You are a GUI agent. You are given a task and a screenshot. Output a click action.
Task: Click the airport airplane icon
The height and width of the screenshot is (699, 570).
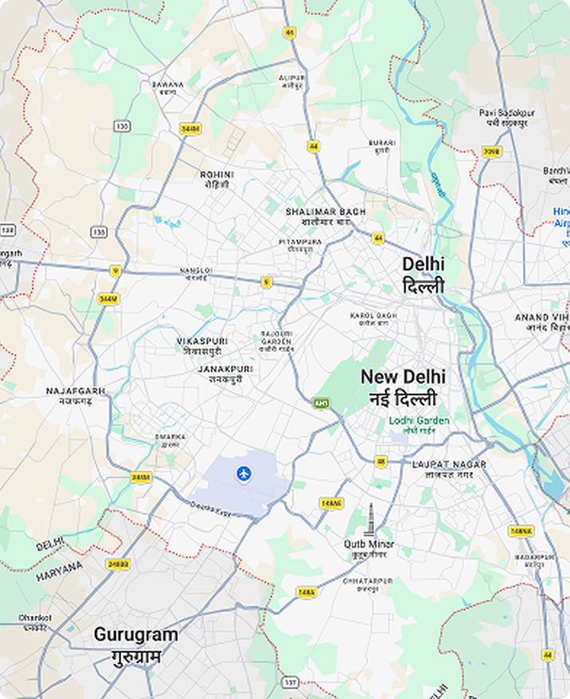coord(244,474)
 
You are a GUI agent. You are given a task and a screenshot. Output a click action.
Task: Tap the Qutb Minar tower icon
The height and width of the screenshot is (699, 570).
coord(369,520)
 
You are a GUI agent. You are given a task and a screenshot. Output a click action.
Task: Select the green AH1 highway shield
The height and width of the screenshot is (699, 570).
coord(321,403)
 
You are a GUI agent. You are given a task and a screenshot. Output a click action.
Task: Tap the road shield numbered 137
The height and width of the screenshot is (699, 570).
coord(291,683)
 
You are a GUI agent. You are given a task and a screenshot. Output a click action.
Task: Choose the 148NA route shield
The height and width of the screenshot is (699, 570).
coord(520,531)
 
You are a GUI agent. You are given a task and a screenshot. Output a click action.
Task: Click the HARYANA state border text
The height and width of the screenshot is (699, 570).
coord(59,569)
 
